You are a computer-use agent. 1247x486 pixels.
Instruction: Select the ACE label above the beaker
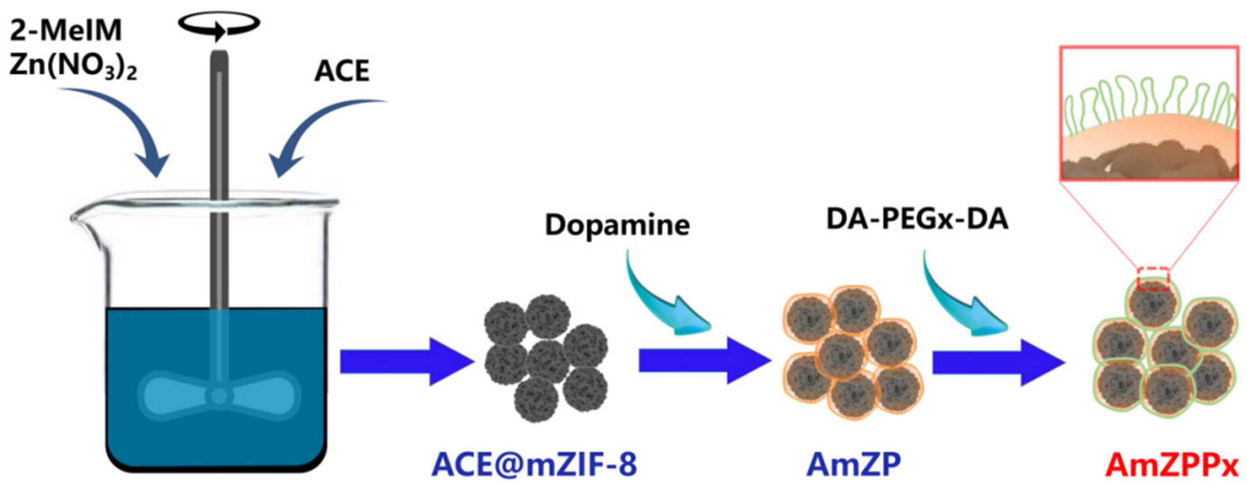click(x=342, y=71)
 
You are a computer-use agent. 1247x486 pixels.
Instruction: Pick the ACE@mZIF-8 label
click(x=534, y=465)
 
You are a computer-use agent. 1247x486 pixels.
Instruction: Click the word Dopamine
click(x=617, y=225)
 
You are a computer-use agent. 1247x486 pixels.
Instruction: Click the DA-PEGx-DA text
click(x=917, y=219)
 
